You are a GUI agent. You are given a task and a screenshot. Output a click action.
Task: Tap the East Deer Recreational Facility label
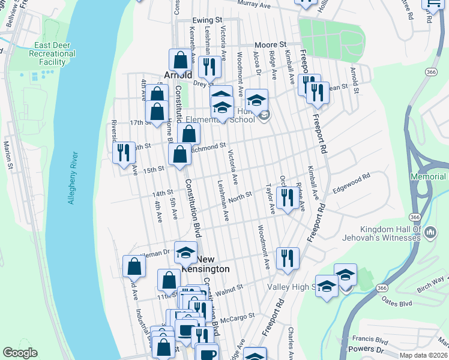tap(55, 54)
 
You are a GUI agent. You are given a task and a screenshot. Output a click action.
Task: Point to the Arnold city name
tap(178, 75)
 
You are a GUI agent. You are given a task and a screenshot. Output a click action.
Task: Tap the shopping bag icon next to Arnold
tap(180, 60)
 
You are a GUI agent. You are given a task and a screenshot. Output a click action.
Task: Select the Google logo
tap(20, 353)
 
